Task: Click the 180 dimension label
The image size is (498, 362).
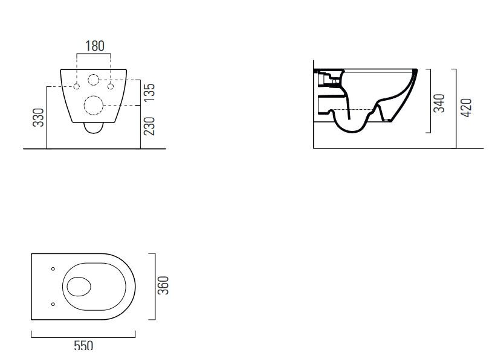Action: [95, 46]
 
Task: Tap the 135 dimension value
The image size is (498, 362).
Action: [149, 92]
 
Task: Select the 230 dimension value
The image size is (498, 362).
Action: [149, 126]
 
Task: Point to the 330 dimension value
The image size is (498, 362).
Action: [39, 118]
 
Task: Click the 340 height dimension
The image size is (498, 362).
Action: [439, 103]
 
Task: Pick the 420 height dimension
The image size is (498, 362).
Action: [466, 108]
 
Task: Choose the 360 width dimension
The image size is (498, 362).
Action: [163, 285]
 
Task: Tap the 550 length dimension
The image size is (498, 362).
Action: [83, 345]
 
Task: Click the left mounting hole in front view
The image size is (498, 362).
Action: [77, 86]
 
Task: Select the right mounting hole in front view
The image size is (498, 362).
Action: [111, 86]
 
